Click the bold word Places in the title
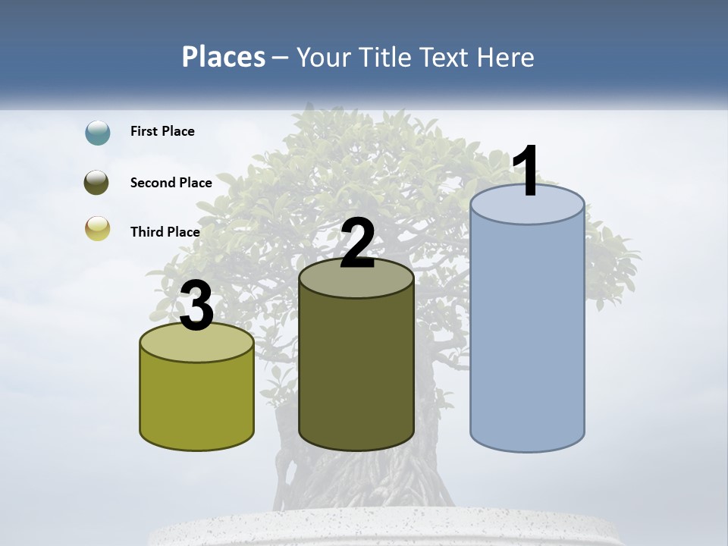click(224, 57)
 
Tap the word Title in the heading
click(384, 57)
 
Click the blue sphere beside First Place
click(98, 132)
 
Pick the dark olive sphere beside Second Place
click(97, 183)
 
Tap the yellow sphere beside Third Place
click(98, 228)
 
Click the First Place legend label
click(162, 131)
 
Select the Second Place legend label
click(171, 183)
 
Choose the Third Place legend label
click(165, 232)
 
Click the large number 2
click(357, 243)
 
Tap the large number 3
click(197, 306)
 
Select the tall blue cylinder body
click(527, 334)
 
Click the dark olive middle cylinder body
click(356, 372)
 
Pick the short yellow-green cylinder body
click(197, 402)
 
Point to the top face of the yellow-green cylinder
click(197, 345)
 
